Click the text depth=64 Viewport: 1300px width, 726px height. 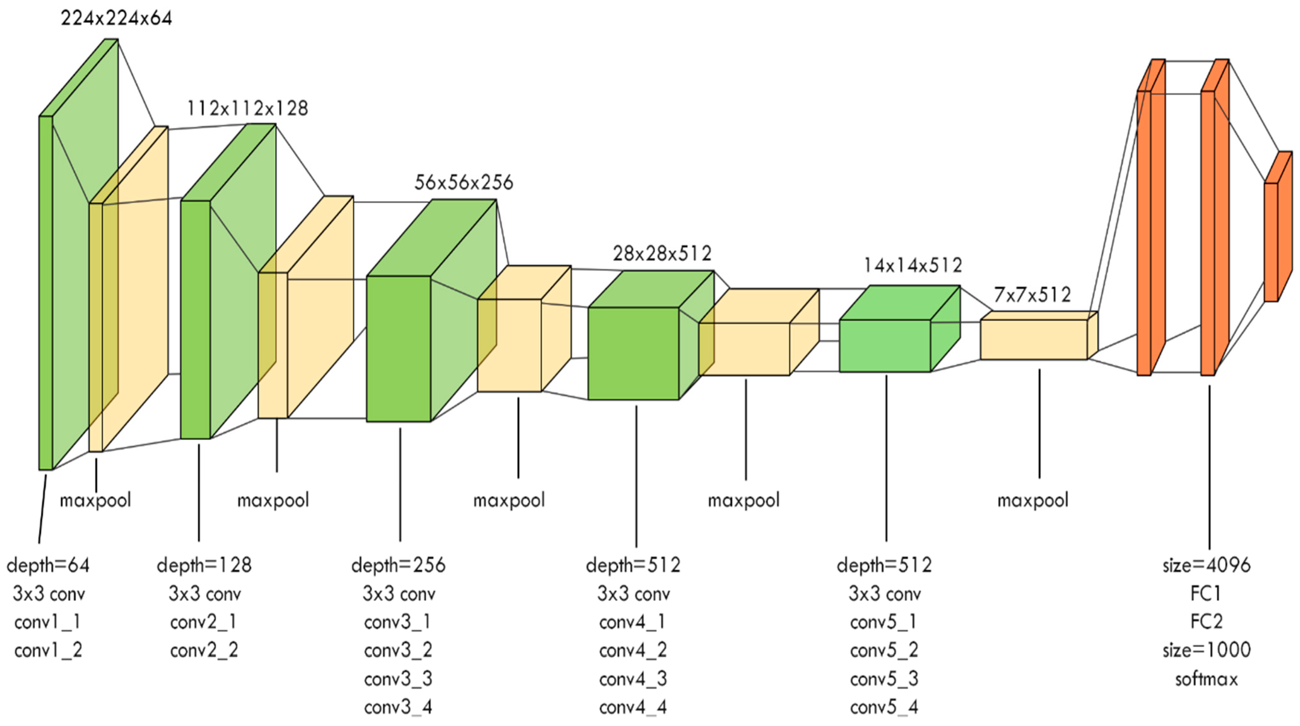click(48, 565)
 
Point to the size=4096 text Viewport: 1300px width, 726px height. click(1206, 565)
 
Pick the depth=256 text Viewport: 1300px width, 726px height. click(398, 565)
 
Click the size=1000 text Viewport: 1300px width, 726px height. click(1206, 650)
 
